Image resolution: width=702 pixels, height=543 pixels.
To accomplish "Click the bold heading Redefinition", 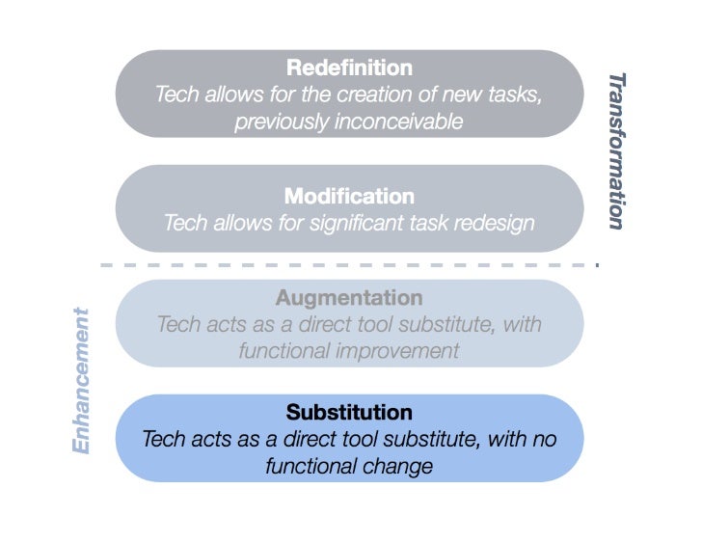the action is point(349,68).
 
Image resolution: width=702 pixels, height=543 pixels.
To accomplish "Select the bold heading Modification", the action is point(349,197).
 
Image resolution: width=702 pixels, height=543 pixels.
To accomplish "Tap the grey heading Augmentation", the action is point(349,298).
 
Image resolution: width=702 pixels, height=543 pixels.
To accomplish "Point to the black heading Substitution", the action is point(349,413).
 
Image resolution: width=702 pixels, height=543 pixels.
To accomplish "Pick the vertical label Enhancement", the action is point(83,380).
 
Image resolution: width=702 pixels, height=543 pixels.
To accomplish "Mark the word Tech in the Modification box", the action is point(184,223).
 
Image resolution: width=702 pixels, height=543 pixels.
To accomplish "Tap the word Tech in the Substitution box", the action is point(163,439).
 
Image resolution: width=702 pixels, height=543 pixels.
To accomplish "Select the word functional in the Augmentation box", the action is point(283,350).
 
